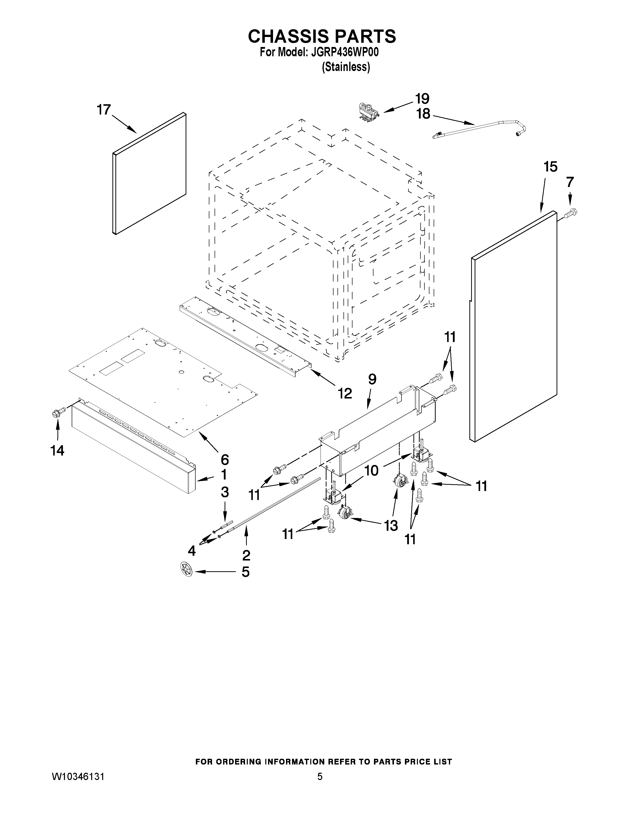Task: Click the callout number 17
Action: click(x=104, y=110)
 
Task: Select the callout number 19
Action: click(x=422, y=98)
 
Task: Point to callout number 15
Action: click(x=551, y=166)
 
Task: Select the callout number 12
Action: click(x=344, y=393)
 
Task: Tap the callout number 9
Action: click(x=372, y=379)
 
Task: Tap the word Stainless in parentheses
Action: click(x=346, y=67)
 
